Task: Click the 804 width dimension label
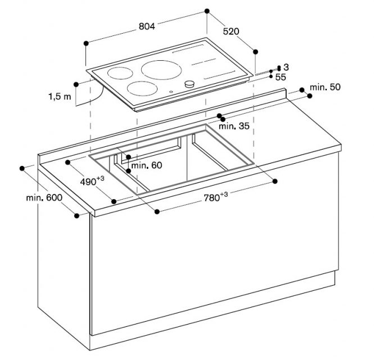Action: tap(147, 26)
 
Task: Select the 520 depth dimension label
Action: tap(231, 31)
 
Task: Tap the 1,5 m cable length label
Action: tap(60, 97)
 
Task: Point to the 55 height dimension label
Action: tap(281, 77)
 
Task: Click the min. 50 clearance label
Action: tap(325, 87)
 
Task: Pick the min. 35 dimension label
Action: tap(234, 126)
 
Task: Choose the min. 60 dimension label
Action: tap(147, 165)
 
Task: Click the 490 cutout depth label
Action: tap(92, 181)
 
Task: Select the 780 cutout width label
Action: tap(215, 197)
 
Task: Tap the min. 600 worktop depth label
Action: tap(44, 197)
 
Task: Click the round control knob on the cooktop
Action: tap(190, 84)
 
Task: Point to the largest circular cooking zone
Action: tap(161, 70)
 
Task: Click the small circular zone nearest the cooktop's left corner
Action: tap(120, 73)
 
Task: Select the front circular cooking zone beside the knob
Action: tap(142, 88)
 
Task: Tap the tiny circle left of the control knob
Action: tap(171, 92)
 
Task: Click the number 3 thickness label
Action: tap(286, 67)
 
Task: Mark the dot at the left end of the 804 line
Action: tap(86, 43)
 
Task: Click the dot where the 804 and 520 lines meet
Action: tap(207, 11)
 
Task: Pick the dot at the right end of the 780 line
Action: tap(275, 181)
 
